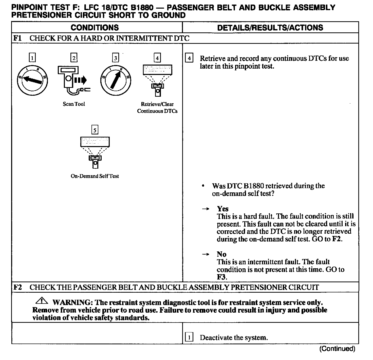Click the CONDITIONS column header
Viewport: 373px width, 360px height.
click(95, 28)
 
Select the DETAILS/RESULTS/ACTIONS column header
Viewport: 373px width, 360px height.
click(270, 28)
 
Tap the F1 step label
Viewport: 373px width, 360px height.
click(17, 38)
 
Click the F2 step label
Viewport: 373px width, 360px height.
click(17, 287)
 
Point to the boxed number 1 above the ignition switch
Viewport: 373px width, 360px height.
click(32, 58)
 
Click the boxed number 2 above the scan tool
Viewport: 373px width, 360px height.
click(74, 58)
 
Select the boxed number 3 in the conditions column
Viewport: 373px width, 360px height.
click(116, 58)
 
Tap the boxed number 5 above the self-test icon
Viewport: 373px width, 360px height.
click(95, 130)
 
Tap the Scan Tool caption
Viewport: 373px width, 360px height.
click(74, 104)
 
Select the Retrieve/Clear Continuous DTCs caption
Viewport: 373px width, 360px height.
click(157, 108)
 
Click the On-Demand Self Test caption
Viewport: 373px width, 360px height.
click(95, 176)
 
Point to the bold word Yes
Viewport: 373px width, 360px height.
click(223, 209)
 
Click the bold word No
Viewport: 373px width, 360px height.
click(221, 254)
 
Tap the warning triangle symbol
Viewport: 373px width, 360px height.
click(42, 301)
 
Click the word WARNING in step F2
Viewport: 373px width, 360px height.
click(71, 303)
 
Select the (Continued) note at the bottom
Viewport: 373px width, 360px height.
click(337, 349)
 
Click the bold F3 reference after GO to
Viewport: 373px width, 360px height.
click(221, 277)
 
